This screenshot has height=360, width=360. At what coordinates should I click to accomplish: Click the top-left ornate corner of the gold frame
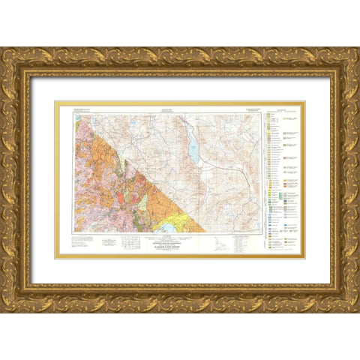click(18, 64)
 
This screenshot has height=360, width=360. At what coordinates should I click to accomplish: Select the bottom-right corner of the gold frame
click(342, 295)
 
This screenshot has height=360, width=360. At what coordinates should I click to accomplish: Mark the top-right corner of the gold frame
click(342, 64)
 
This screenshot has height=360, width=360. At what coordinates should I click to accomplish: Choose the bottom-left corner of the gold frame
click(18, 295)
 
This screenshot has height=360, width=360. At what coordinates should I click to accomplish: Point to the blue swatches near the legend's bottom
click(274, 225)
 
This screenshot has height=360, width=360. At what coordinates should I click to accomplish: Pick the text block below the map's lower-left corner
click(82, 241)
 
